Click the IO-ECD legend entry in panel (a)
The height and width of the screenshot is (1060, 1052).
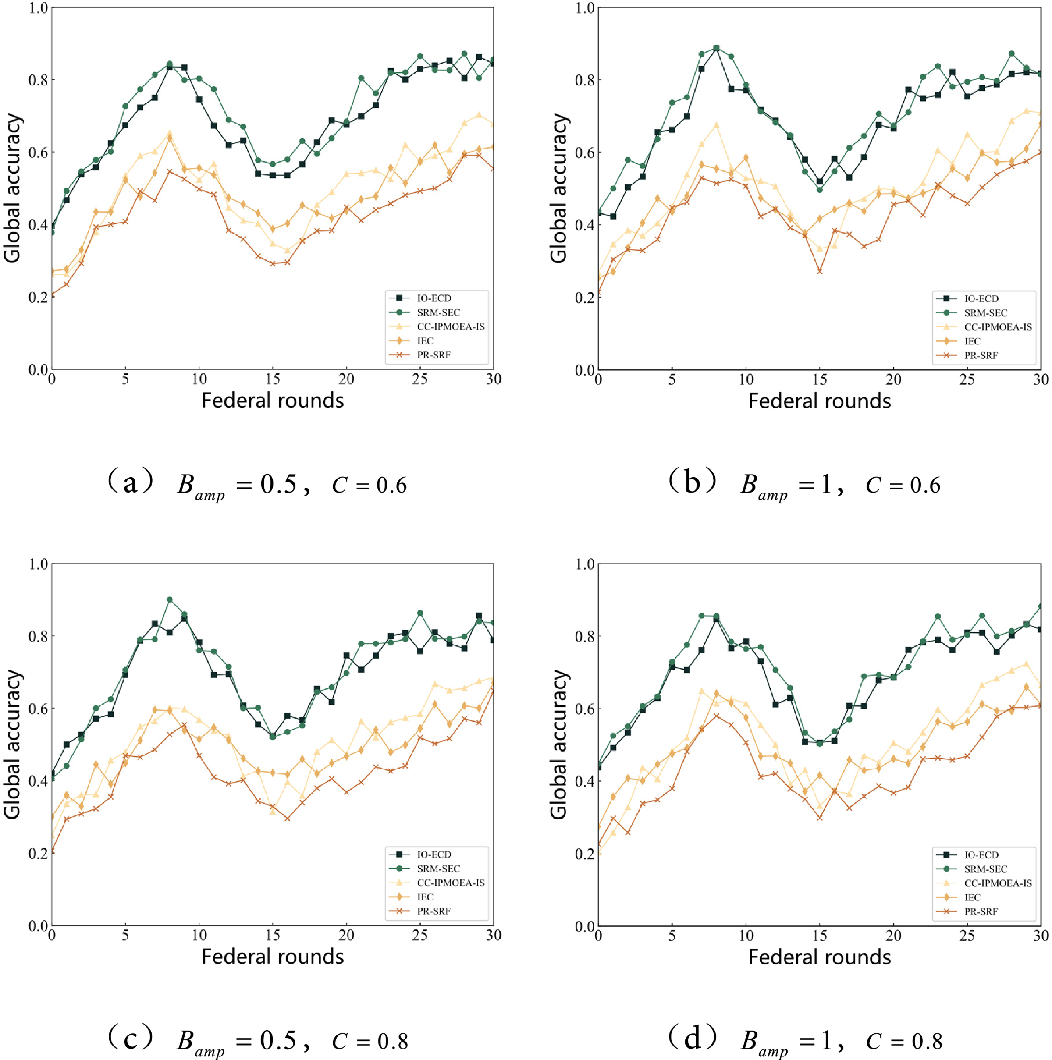click(433, 298)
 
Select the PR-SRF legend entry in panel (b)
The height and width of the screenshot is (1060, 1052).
click(981, 355)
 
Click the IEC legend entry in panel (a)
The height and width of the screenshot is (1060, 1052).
click(425, 341)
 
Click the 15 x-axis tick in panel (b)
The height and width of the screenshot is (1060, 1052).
click(819, 379)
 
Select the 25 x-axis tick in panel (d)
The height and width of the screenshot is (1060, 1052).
click(967, 936)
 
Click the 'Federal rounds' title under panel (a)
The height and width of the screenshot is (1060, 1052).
click(272, 401)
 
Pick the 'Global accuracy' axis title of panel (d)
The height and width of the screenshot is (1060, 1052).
click(558, 744)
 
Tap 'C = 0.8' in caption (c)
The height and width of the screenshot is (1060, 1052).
click(370, 1041)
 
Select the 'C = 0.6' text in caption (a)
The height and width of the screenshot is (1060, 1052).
click(370, 485)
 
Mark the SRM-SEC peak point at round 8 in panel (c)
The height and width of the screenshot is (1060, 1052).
click(170, 600)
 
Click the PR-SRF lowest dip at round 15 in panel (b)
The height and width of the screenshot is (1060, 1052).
click(819, 271)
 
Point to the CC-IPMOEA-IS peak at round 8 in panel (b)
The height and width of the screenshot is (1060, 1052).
click(716, 125)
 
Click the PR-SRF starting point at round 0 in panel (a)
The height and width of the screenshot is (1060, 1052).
click(52, 296)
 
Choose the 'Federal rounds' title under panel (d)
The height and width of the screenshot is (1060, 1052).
click(819, 957)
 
